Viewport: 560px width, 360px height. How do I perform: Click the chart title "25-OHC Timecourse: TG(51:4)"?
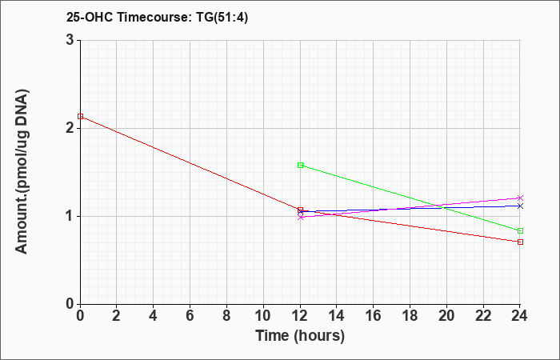click(157, 17)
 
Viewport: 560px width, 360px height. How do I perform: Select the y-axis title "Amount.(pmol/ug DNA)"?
click(22, 172)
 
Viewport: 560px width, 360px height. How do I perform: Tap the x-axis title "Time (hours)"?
click(300, 336)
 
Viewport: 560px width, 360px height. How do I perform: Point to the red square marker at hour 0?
click(80, 117)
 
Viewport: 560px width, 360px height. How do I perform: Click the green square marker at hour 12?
click(300, 166)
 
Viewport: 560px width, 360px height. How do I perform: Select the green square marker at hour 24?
click(520, 230)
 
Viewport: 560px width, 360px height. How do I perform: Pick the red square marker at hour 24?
click(520, 242)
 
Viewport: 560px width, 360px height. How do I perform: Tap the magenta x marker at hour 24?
click(520, 198)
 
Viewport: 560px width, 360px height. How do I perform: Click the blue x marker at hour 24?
click(520, 206)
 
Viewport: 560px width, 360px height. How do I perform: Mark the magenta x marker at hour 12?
click(300, 217)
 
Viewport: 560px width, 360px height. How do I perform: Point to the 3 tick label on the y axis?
click(70, 40)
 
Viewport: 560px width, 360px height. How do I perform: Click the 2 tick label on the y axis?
click(70, 128)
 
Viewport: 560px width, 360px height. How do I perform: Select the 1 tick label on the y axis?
click(70, 216)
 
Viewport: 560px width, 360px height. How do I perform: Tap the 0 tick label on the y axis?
click(70, 304)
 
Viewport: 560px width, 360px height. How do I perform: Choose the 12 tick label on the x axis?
click(300, 316)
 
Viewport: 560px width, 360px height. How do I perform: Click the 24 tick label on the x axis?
click(520, 316)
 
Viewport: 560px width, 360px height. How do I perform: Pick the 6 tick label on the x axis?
click(190, 316)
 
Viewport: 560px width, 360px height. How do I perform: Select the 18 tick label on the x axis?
click(410, 316)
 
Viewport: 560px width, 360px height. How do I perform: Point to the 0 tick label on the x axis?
click(80, 316)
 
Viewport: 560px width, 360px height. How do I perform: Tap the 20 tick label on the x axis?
click(446, 316)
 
